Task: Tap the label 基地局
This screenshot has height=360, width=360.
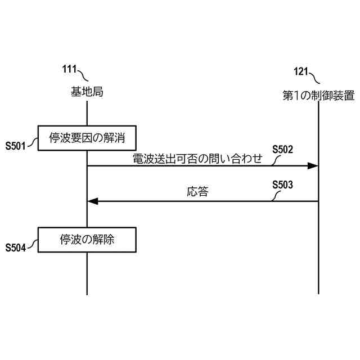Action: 87,92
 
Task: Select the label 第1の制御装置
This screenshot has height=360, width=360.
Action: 318,96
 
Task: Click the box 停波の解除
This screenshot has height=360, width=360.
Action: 87,239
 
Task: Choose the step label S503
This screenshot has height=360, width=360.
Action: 282,184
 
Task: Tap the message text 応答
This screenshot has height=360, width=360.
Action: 197,192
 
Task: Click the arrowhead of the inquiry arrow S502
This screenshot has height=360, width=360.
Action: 313,165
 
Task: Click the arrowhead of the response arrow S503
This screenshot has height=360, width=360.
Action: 93,201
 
